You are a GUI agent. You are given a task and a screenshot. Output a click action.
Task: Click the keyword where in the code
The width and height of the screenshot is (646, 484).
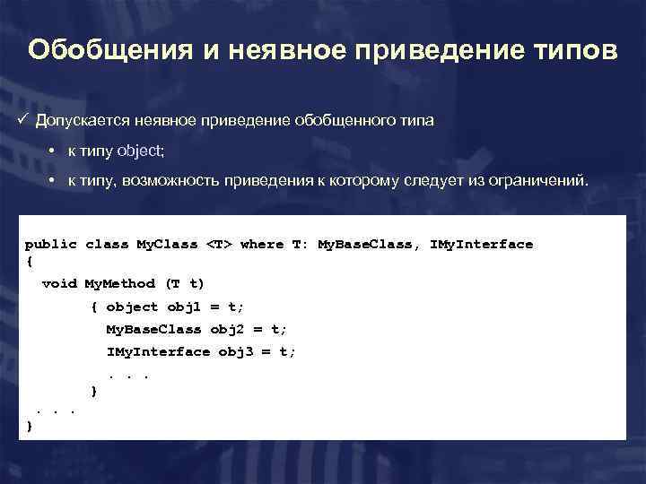[x=262, y=244]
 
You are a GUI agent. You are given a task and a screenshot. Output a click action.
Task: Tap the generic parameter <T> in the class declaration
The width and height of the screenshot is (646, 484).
[x=219, y=244]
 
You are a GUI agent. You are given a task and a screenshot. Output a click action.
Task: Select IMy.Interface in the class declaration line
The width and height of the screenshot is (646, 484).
[x=482, y=244]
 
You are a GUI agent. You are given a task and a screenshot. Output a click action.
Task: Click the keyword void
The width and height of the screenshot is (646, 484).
[x=59, y=284]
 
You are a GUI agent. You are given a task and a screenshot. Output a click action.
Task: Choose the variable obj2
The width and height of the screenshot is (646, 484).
[x=228, y=329]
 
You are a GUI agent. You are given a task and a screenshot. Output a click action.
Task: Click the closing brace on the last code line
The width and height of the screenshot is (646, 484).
[x=30, y=428]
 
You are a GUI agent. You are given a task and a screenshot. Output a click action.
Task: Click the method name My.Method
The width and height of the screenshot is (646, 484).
[x=119, y=284]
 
